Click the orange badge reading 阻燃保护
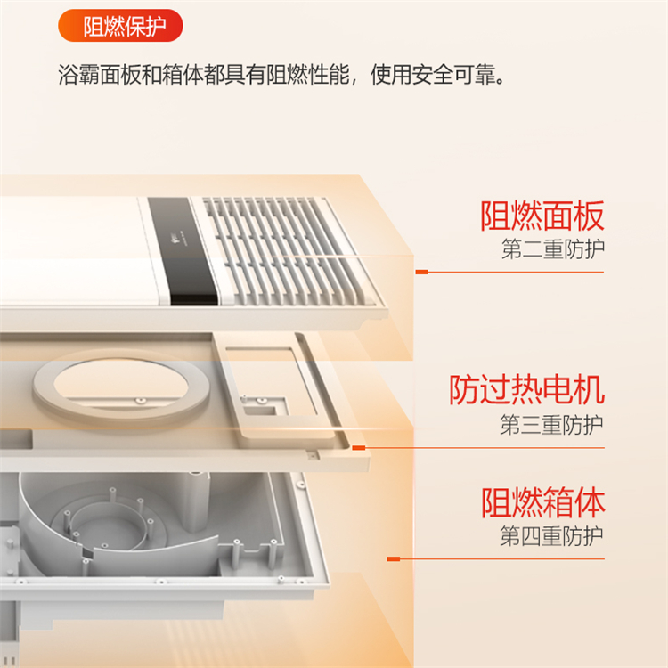pos(120,26)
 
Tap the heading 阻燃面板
pos(542,216)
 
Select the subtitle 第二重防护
pos(553,249)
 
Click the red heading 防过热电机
pos(527,389)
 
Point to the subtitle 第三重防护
pos(551,424)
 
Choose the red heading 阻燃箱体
pos(543,502)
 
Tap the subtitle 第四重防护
pos(551,536)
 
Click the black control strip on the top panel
pos(183,251)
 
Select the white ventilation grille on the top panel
pos(285,251)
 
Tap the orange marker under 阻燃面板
pos(422,272)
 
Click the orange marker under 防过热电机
pos(359,448)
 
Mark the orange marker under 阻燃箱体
pos(393,559)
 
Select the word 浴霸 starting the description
pos(78,75)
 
